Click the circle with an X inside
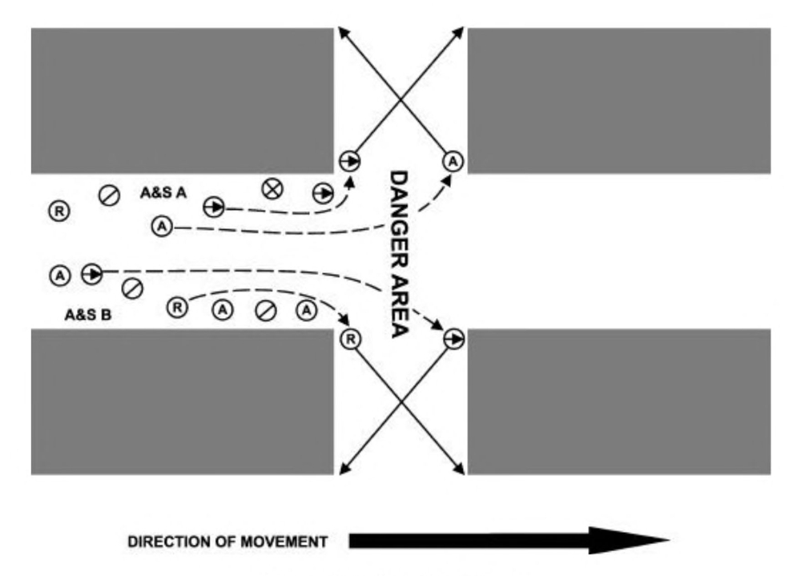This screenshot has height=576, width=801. coord(273,188)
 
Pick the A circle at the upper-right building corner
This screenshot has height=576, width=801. coord(453,162)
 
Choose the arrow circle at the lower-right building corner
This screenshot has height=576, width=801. coord(453,339)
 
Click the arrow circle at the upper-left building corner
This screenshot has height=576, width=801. coord(349,160)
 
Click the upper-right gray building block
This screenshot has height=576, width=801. coord(618,100)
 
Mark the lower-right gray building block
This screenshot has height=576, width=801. coord(618,401)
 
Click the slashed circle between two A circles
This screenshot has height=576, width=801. coord(264,308)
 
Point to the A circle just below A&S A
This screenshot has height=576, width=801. coord(162,227)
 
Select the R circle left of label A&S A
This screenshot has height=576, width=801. coord(59,211)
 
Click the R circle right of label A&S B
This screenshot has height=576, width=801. coord(178,306)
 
